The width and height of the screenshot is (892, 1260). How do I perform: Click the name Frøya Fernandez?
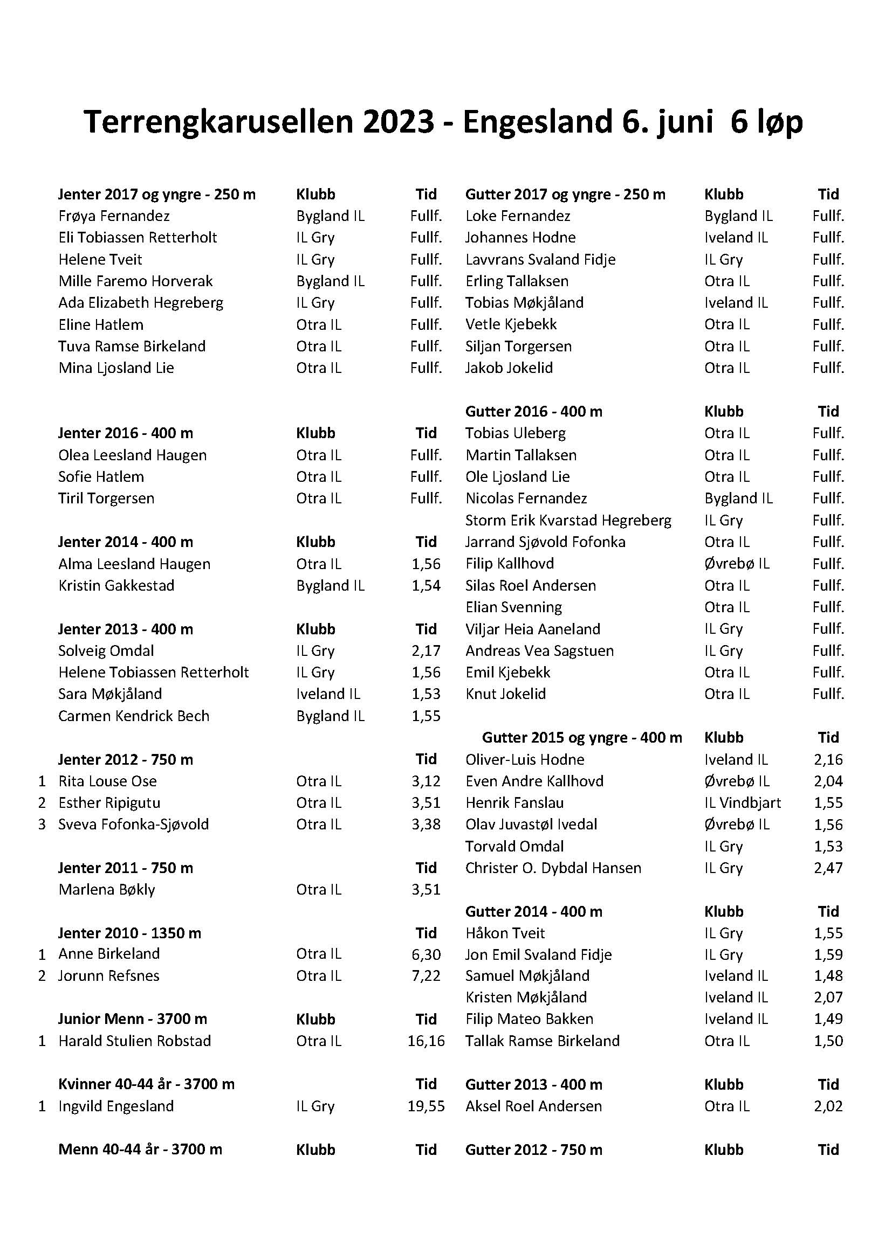coord(114,216)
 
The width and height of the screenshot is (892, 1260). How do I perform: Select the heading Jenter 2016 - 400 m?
coord(126,433)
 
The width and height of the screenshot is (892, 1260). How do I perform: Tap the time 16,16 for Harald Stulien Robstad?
coord(426,1041)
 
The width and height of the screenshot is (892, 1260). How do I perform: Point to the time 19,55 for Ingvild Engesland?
coord(426,1106)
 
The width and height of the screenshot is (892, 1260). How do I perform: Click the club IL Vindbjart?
coord(743,803)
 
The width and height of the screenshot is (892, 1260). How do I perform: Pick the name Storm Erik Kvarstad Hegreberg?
coord(568,520)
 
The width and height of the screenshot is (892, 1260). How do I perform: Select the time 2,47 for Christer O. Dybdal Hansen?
coord(828,868)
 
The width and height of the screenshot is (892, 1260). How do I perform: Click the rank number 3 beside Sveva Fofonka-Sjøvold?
coord(42,825)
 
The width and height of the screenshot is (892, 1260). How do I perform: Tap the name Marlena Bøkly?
coord(107,890)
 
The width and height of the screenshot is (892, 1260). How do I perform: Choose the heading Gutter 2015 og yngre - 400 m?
coord(582,738)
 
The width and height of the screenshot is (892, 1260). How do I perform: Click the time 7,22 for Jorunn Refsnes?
coord(426,976)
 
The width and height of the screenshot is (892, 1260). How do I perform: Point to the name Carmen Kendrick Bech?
coord(134,716)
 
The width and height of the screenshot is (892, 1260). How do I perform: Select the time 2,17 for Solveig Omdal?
coord(426,651)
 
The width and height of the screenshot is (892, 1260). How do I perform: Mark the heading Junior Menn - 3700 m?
coord(133,1019)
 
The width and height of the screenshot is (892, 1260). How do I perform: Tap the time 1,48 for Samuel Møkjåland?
coord(828,976)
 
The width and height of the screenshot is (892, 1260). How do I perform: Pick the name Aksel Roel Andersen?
coord(533,1106)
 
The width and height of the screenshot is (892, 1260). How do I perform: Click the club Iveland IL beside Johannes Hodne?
coord(736,238)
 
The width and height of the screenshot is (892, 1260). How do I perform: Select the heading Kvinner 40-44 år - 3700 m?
coord(147,1084)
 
